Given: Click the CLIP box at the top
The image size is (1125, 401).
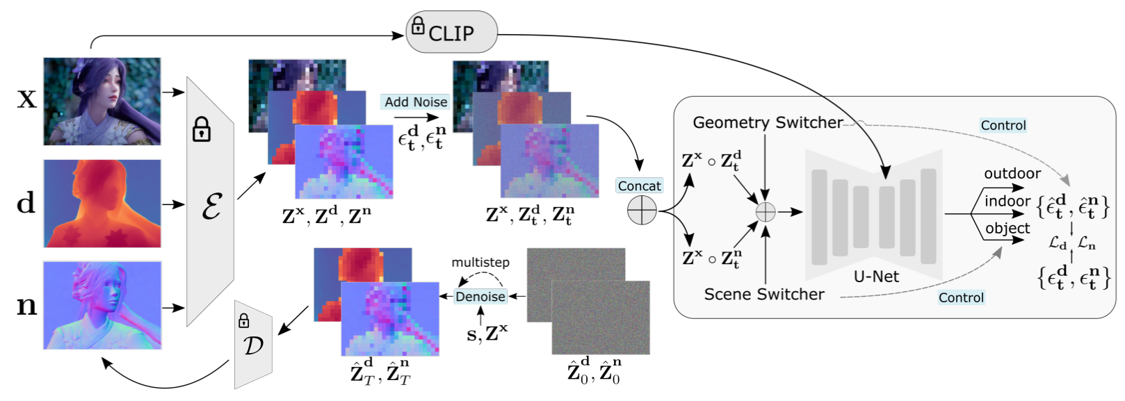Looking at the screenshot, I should [451, 32].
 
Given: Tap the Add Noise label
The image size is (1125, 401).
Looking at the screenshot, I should [416, 102].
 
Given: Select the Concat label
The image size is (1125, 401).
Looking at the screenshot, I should [639, 186].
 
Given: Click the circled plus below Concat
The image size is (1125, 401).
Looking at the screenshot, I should [642, 211].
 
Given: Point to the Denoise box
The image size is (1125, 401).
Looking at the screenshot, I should [480, 297].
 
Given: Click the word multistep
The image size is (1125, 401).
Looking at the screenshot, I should [480, 263].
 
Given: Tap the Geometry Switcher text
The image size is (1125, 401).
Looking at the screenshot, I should [768, 123].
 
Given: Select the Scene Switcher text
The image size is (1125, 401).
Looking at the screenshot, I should [763, 295].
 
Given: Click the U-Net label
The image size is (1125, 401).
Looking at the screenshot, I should [876, 277].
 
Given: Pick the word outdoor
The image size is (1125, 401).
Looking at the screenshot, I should [1012, 174].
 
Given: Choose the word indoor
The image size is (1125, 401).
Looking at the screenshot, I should [1007, 202].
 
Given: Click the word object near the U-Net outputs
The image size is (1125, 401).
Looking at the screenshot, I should [1007, 229].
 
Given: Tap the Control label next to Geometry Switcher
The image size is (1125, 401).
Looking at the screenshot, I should [1003, 126].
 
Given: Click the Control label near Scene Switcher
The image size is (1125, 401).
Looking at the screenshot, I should [961, 298].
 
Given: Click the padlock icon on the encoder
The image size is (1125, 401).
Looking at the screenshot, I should [202, 129].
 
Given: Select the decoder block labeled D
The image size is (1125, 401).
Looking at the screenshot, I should [252, 344].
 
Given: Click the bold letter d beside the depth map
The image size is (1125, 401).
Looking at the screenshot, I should [26, 203].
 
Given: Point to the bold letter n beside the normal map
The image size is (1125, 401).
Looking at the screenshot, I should [26, 306].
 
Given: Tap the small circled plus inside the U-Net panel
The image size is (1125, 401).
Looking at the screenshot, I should [765, 212].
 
